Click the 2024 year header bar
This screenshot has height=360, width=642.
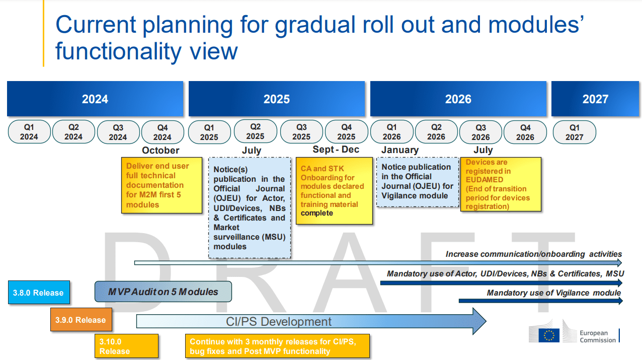point(95,99)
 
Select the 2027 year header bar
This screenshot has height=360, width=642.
point(595,99)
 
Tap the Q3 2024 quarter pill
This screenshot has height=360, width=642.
point(118,132)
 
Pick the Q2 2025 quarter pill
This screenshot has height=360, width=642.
point(255,131)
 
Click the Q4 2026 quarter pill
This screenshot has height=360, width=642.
point(525,132)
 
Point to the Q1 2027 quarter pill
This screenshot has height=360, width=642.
point(574,132)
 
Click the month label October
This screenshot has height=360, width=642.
point(160,150)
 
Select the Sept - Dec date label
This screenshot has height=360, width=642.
point(336,150)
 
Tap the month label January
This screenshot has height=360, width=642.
point(400,150)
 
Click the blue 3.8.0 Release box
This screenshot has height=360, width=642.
point(38,293)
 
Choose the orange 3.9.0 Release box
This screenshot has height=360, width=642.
point(81,320)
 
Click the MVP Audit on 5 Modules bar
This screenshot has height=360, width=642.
point(163,292)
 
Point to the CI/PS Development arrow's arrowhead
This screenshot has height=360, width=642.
point(478,321)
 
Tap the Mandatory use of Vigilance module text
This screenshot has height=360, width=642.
point(553,293)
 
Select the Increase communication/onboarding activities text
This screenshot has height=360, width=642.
point(534,254)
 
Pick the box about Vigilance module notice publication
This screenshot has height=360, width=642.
point(418,182)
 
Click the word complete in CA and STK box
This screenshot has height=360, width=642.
point(317,213)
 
